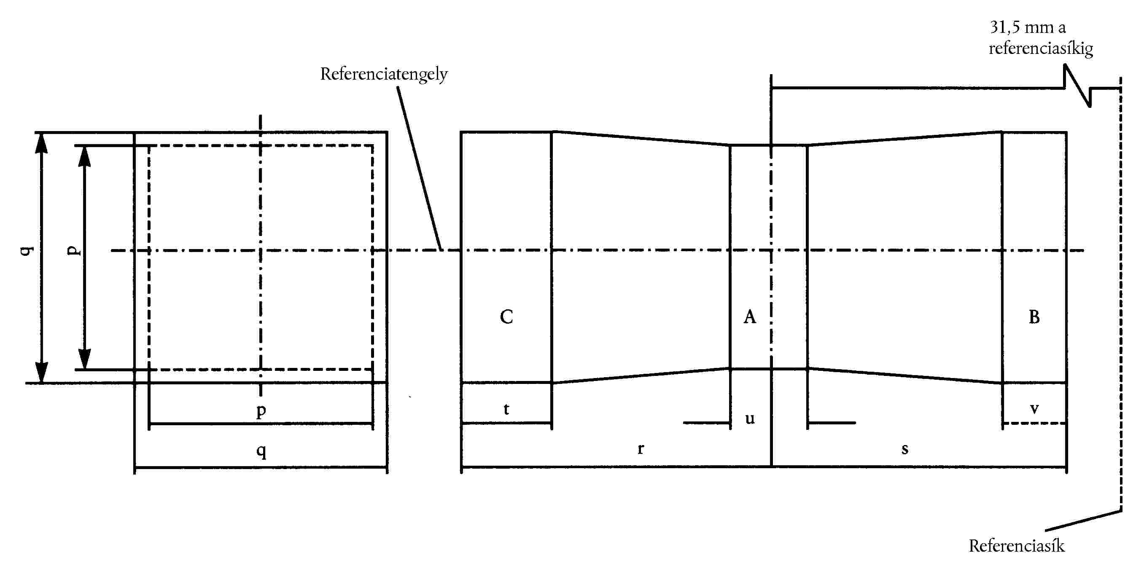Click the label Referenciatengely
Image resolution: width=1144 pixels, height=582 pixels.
pyautogui.click(x=384, y=74)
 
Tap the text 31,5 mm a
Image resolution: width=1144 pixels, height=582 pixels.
pyautogui.click(x=1028, y=27)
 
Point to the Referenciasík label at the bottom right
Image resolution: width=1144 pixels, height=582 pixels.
pyautogui.click(x=1017, y=546)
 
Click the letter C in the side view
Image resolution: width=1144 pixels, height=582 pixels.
pyautogui.click(x=506, y=317)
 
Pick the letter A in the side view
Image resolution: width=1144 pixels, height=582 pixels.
pyautogui.click(x=750, y=317)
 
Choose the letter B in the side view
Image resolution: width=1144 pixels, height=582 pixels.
pyautogui.click(x=1034, y=317)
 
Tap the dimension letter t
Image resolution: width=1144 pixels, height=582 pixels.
pyautogui.click(x=506, y=409)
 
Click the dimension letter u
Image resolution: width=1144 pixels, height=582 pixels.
pyautogui.click(x=750, y=418)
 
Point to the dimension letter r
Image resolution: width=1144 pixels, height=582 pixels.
pyautogui.click(x=641, y=448)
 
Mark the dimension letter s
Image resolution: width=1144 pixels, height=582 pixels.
pyautogui.click(x=905, y=449)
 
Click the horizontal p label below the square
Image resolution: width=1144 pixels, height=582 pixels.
pyautogui.click(x=261, y=410)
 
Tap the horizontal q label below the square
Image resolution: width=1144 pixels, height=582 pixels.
pyautogui.click(x=261, y=451)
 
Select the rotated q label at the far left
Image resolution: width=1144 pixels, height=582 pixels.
pyautogui.click(x=27, y=250)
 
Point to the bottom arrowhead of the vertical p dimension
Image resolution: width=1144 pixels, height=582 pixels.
pyautogui.click(x=84, y=359)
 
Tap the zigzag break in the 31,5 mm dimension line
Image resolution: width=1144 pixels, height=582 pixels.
pyautogui.click(x=1077, y=86)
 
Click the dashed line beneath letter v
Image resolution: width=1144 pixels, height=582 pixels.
pyautogui.click(x=1034, y=423)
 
